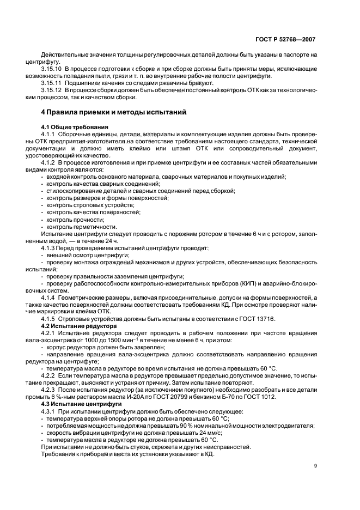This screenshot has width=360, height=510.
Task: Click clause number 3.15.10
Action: (x=53, y=69)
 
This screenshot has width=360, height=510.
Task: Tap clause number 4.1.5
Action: (x=51, y=318)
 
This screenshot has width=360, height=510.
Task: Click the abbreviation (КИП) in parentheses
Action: (x=235, y=283)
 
